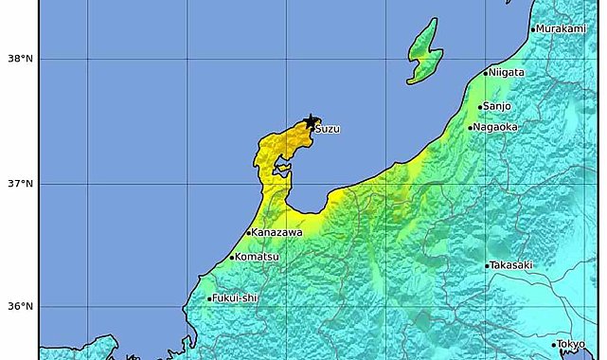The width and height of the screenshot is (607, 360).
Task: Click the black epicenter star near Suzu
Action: coord(312,122)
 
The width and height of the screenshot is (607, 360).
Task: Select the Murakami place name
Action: coord(562,29)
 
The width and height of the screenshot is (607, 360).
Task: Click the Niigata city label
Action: coord(508,73)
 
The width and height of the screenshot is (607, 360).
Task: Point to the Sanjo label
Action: coord(497,107)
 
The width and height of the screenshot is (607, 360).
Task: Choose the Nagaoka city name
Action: coord(495,127)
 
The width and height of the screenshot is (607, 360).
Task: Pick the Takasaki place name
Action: coord(512,266)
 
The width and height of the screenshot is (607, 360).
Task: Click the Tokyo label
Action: coord(572,344)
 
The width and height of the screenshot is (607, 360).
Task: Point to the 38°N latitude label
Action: coord(20,59)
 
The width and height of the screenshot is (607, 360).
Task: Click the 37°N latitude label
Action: coord(20,183)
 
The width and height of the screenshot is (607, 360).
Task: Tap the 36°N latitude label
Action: coord(20,306)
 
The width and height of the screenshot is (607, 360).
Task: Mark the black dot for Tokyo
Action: coord(554,345)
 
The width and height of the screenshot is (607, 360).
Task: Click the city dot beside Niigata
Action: coord(486,73)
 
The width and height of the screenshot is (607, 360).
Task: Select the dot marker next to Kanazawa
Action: coord(248,233)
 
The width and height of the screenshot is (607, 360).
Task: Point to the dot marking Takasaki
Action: coord(487,266)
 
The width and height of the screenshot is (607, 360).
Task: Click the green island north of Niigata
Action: coord(423,52)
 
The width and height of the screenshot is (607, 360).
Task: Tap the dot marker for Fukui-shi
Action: coord(209,299)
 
